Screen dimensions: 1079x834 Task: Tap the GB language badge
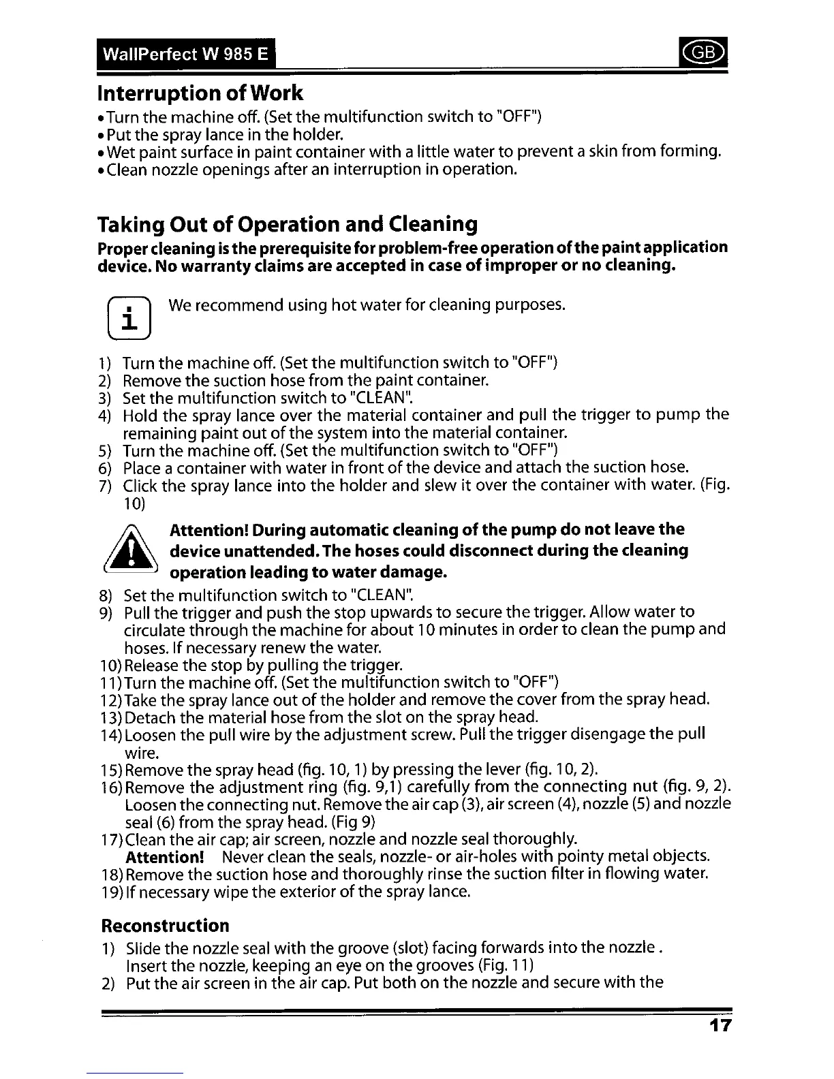[x=710, y=52]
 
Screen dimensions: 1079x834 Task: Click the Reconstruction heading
[x=165, y=926]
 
